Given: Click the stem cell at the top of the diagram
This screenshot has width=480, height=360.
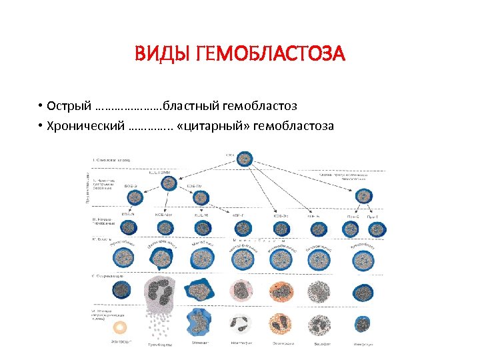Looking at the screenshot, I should click(x=246, y=159).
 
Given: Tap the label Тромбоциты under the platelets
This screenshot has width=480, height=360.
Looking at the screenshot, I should click(x=160, y=344).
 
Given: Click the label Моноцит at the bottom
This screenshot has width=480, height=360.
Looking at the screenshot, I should click(x=201, y=344).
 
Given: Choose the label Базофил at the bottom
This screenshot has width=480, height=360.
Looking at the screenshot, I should click(x=323, y=344).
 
